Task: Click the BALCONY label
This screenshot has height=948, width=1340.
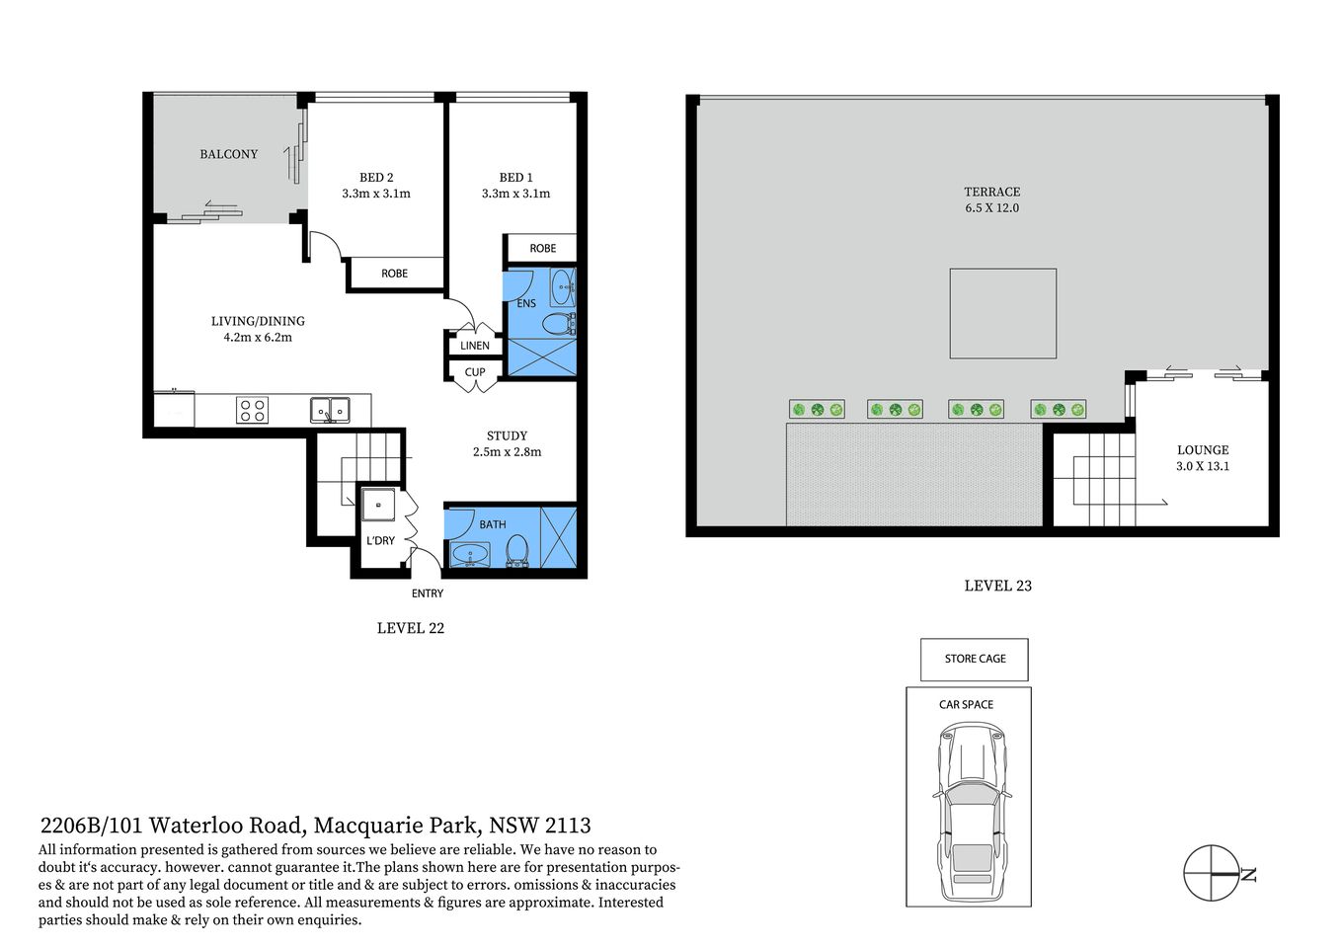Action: coord(228,154)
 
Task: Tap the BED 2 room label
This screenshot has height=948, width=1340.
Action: coord(376,178)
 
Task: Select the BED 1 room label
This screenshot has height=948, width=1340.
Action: coord(515,178)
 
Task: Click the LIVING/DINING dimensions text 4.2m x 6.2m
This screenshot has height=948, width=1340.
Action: coord(258,338)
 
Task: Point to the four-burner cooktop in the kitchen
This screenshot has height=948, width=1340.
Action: coord(252,410)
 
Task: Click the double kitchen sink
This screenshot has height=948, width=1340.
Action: coord(329,409)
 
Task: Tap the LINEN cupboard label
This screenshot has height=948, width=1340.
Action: coord(475,346)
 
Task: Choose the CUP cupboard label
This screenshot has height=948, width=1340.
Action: coord(475,373)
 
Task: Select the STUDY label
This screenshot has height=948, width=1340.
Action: coord(507,435)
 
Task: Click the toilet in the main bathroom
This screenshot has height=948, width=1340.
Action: coord(517,550)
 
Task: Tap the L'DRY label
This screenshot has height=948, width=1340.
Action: coord(380,541)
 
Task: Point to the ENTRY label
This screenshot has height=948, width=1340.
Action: coord(428,593)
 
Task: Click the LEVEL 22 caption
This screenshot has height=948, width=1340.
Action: coord(411,628)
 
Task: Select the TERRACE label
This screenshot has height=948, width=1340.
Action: coord(992,192)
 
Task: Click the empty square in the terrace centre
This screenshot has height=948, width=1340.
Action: coord(1002,313)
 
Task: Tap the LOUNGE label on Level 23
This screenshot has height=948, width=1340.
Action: coord(1203,450)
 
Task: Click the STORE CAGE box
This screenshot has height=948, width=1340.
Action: coord(975,659)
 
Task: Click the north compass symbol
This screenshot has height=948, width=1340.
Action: coord(1212,873)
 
